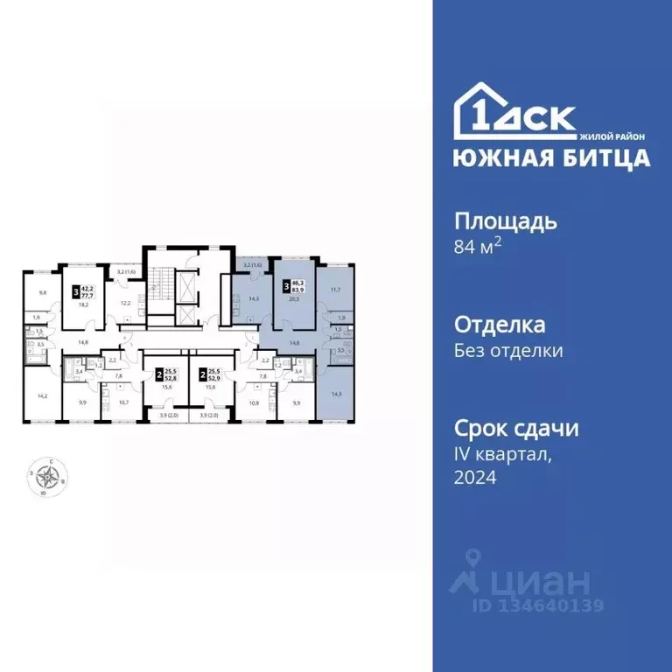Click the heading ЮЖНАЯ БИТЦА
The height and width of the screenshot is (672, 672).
pos(551,158)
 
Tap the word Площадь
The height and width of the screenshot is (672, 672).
pos(505,220)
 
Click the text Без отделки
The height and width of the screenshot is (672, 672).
pos(507,351)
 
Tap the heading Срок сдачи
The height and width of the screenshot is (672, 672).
pos(516,429)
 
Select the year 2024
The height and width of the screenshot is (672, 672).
pos(474,478)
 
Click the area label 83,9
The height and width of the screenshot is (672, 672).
pos(299,290)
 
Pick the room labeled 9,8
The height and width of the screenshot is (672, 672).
pos(41,293)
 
